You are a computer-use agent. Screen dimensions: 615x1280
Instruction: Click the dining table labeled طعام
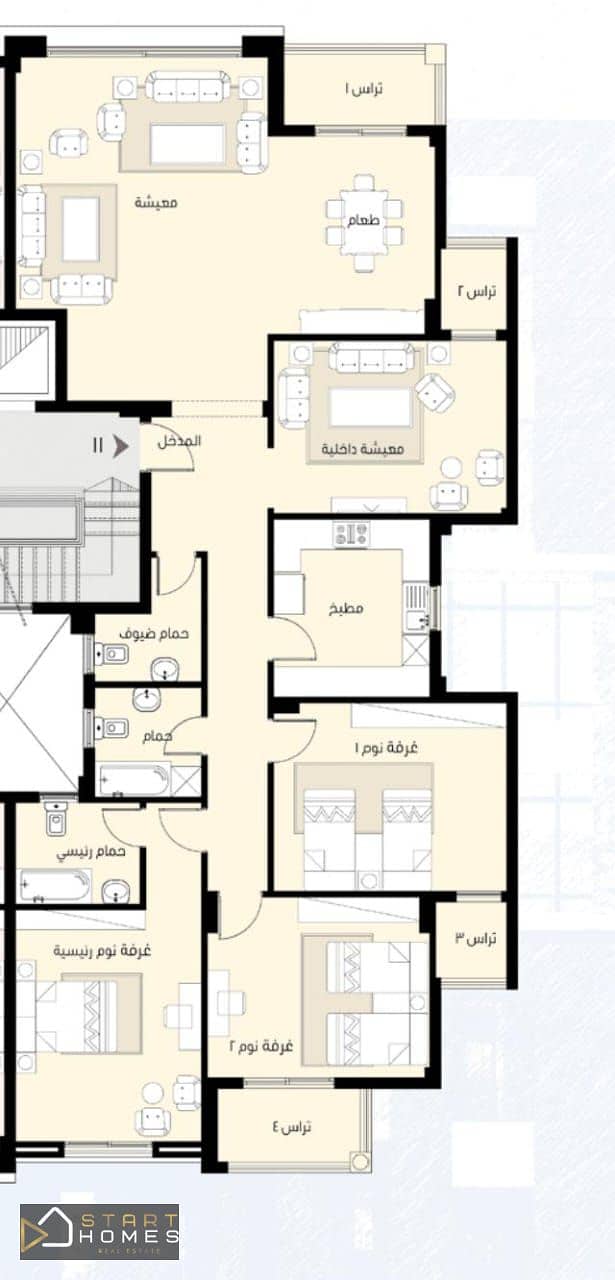click(364, 222)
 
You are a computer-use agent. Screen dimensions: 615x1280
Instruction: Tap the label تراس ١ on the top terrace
click(364, 89)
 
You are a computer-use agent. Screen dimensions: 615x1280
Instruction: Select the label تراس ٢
click(476, 292)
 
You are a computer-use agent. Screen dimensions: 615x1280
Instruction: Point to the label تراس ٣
click(476, 938)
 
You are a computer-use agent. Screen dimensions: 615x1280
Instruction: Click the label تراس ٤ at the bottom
click(291, 1127)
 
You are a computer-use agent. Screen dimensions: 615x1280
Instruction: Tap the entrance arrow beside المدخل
click(121, 446)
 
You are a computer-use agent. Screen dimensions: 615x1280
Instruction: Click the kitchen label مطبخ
click(346, 608)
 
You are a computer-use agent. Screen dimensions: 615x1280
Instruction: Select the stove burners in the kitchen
click(351, 534)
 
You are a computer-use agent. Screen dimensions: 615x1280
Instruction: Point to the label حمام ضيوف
click(154, 633)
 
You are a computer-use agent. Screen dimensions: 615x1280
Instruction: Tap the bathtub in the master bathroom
click(55, 886)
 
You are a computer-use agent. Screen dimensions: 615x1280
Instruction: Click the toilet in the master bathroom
click(56, 819)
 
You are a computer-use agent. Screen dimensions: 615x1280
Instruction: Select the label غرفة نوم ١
click(386, 747)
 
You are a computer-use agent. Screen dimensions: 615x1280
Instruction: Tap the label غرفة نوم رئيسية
click(102, 950)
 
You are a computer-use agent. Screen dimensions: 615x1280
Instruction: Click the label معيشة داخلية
click(362, 449)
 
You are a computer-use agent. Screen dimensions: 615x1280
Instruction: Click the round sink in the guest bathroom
click(165, 668)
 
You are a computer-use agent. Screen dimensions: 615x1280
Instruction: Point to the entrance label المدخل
click(179, 441)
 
